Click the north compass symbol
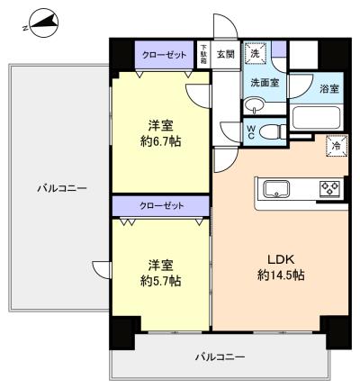[x=43, y=23]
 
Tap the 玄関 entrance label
[x=226, y=55]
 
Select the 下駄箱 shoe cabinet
[x=204, y=55]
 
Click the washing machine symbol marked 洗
[x=255, y=54]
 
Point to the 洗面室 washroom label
[x=265, y=83]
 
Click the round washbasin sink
[x=255, y=106]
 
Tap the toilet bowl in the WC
[x=272, y=132]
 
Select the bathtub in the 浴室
[x=316, y=118]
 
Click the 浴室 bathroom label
[x=328, y=88]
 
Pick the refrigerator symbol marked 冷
[x=337, y=146]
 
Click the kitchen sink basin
[x=276, y=189]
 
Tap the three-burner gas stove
[x=329, y=189]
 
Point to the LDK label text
[x=281, y=260]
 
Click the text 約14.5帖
[x=281, y=275]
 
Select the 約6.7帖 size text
[x=161, y=140]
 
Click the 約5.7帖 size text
[x=161, y=281]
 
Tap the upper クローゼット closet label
[x=165, y=55]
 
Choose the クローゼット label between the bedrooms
[x=161, y=206]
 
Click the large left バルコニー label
[x=62, y=188]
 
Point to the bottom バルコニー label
[x=220, y=357]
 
